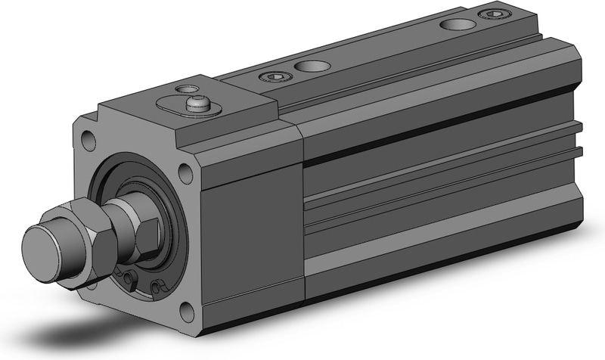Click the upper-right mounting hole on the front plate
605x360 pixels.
(185, 173)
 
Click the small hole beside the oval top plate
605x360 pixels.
(181, 88)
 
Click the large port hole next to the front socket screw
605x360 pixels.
(309, 67)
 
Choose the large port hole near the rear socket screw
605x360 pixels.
(455, 25)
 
